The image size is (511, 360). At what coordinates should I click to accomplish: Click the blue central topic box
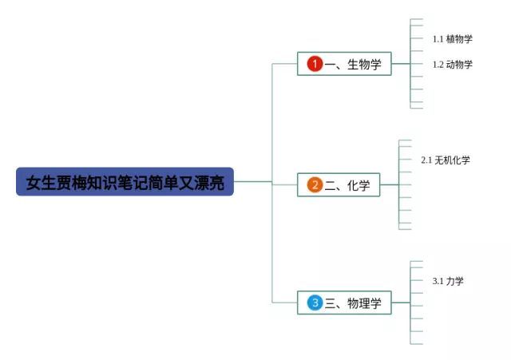pyautogui.click(x=125, y=181)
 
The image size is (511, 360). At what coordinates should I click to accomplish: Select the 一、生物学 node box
pyautogui.click(x=344, y=64)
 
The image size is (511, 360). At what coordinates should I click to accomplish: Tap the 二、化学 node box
pyautogui.click(x=339, y=184)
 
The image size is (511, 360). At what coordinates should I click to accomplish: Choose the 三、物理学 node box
pyautogui.click(x=344, y=303)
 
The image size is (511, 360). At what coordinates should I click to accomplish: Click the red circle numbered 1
pyautogui.click(x=315, y=64)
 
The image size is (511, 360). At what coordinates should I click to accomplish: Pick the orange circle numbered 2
pyautogui.click(x=315, y=184)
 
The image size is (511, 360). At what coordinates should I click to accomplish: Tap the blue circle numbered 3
pyautogui.click(x=315, y=303)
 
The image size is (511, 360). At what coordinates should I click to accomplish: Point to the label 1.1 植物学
pyautogui.click(x=453, y=39)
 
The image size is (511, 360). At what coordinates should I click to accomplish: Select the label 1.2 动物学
pyautogui.click(x=453, y=64)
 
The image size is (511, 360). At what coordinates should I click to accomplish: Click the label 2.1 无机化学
pyautogui.click(x=446, y=160)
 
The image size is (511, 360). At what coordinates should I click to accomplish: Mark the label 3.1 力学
pyautogui.click(x=448, y=281)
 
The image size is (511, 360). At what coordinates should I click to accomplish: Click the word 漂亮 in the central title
pyautogui.click(x=209, y=183)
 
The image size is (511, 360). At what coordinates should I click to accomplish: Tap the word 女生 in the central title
pyautogui.click(x=41, y=183)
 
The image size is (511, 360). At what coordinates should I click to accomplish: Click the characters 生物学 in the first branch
pyautogui.click(x=364, y=64)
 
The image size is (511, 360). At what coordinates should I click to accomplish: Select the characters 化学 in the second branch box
pyautogui.click(x=358, y=185)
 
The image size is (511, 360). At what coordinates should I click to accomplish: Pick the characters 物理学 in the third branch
pyautogui.click(x=364, y=303)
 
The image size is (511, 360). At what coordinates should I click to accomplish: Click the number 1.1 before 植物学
pyautogui.click(x=438, y=39)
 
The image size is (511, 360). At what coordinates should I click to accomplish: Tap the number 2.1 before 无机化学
pyautogui.click(x=426, y=160)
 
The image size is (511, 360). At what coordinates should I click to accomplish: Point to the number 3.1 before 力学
pyautogui.click(x=438, y=281)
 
